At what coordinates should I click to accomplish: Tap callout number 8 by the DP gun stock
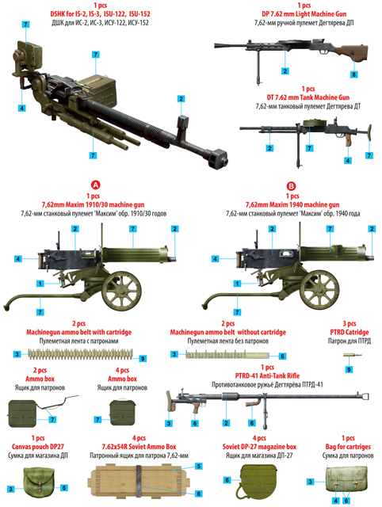tap(354, 74)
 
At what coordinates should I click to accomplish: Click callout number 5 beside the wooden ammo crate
tap(199, 467)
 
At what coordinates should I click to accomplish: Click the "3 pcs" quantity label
tap(349, 323)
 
